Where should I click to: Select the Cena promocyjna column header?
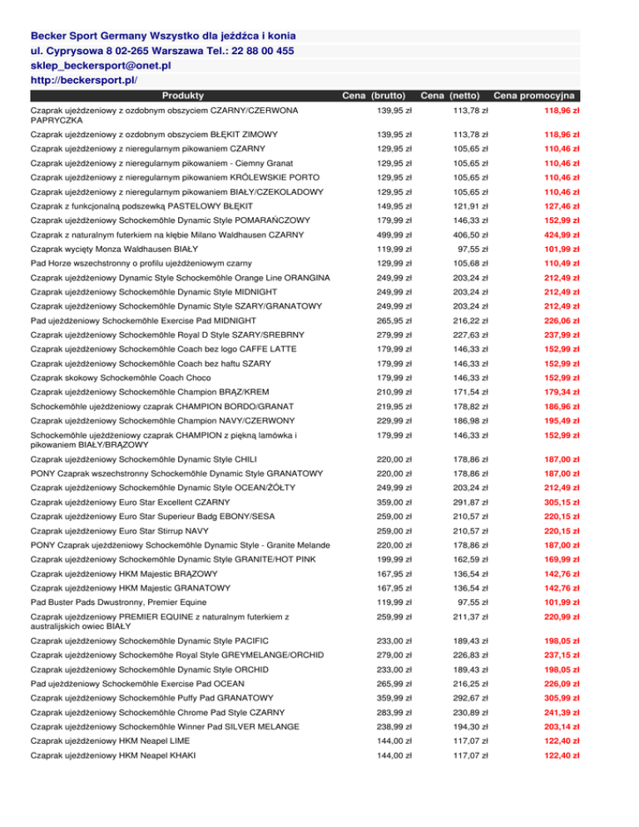coord(537,97)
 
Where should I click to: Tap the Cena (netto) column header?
coord(454,97)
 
